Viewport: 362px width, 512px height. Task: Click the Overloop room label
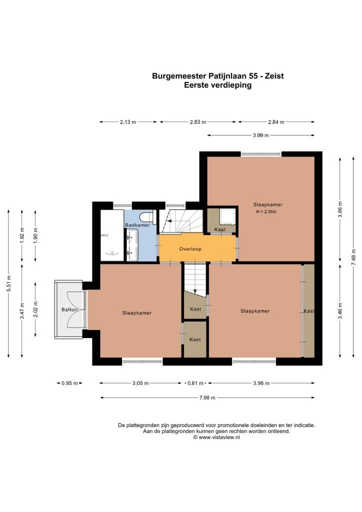pos(190,249)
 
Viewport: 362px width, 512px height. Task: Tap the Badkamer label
pos(137,225)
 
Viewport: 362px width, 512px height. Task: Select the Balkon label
pos(69,309)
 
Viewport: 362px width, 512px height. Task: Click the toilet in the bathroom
pos(146,217)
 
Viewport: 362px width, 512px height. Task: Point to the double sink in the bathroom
pos(132,245)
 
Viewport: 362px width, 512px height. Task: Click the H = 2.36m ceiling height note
pos(266,211)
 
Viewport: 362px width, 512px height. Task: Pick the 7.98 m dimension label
pos(207,397)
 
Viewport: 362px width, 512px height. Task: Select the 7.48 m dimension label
pos(354,257)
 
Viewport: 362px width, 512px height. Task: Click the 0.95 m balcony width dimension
pos(69,383)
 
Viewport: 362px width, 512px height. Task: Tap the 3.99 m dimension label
pos(261,135)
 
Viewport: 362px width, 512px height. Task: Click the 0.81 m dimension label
pos(195,383)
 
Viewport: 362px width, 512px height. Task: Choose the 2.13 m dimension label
pos(128,122)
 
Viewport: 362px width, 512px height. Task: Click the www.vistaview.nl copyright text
pos(216,437)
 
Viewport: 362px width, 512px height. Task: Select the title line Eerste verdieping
pos(217,85)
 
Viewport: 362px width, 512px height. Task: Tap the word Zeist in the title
pos(274,76)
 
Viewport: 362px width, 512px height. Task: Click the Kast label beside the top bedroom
pos(220,229)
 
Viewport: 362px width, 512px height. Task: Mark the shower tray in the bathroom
pos(111,235)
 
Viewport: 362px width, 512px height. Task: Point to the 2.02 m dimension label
pos(35,309)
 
